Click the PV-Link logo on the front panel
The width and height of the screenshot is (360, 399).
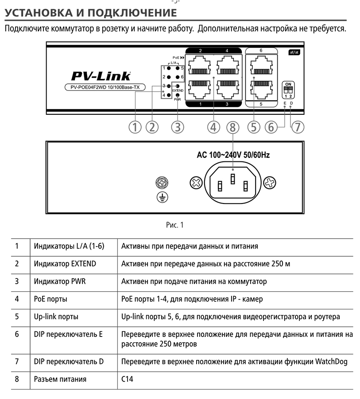101,76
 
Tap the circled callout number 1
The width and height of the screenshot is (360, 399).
135,127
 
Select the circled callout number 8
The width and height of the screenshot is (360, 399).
232,127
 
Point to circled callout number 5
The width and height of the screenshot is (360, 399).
253,127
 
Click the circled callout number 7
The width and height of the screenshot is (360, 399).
298,127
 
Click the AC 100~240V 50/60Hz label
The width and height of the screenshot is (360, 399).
233,155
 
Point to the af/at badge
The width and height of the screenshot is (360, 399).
294,52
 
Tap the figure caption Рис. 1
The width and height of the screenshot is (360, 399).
174,225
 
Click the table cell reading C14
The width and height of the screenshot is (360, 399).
127,379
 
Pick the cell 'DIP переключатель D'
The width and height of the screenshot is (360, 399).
69,362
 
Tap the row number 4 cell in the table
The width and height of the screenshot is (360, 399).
17,299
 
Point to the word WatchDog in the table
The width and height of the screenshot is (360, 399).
331,362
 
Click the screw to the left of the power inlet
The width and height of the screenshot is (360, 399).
196,182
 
